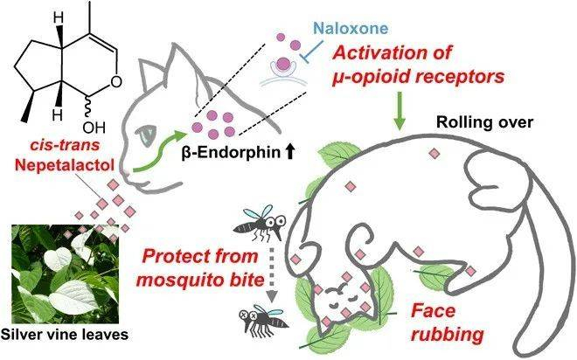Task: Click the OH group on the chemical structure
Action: coord(103,138)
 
